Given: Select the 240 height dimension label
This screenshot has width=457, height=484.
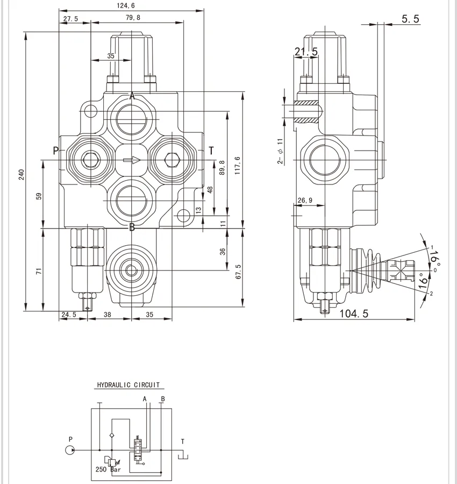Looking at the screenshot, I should click(x=22, y=175).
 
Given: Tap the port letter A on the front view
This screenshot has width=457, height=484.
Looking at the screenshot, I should click(x=132, y=96).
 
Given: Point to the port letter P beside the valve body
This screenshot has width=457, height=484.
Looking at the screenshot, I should click(x=56, y=151).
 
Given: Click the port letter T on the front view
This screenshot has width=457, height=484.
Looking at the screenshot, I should click(x=211, y=151).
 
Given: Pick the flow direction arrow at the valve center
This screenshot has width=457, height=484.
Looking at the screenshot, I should click(x=132, y=160).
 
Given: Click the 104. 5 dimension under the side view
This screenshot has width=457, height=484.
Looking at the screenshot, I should click(x=354, y=314).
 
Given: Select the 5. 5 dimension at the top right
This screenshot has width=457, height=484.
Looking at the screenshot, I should click(x=410, y=19).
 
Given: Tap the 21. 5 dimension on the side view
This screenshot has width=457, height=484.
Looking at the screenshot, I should click(x=306, y=52).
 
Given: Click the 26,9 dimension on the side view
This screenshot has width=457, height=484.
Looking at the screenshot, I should click(x=305, y=201).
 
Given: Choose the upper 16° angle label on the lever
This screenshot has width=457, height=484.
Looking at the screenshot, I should click(x=434, y=257).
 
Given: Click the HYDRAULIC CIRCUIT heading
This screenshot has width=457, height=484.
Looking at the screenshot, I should click(x=128, y=385).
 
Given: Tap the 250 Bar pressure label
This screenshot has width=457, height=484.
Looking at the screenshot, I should click(x=108, y=469).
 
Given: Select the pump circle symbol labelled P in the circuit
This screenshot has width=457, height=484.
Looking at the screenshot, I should click(x=71, y=450).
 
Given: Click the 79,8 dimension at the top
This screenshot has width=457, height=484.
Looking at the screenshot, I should click(x=133, y=18).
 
